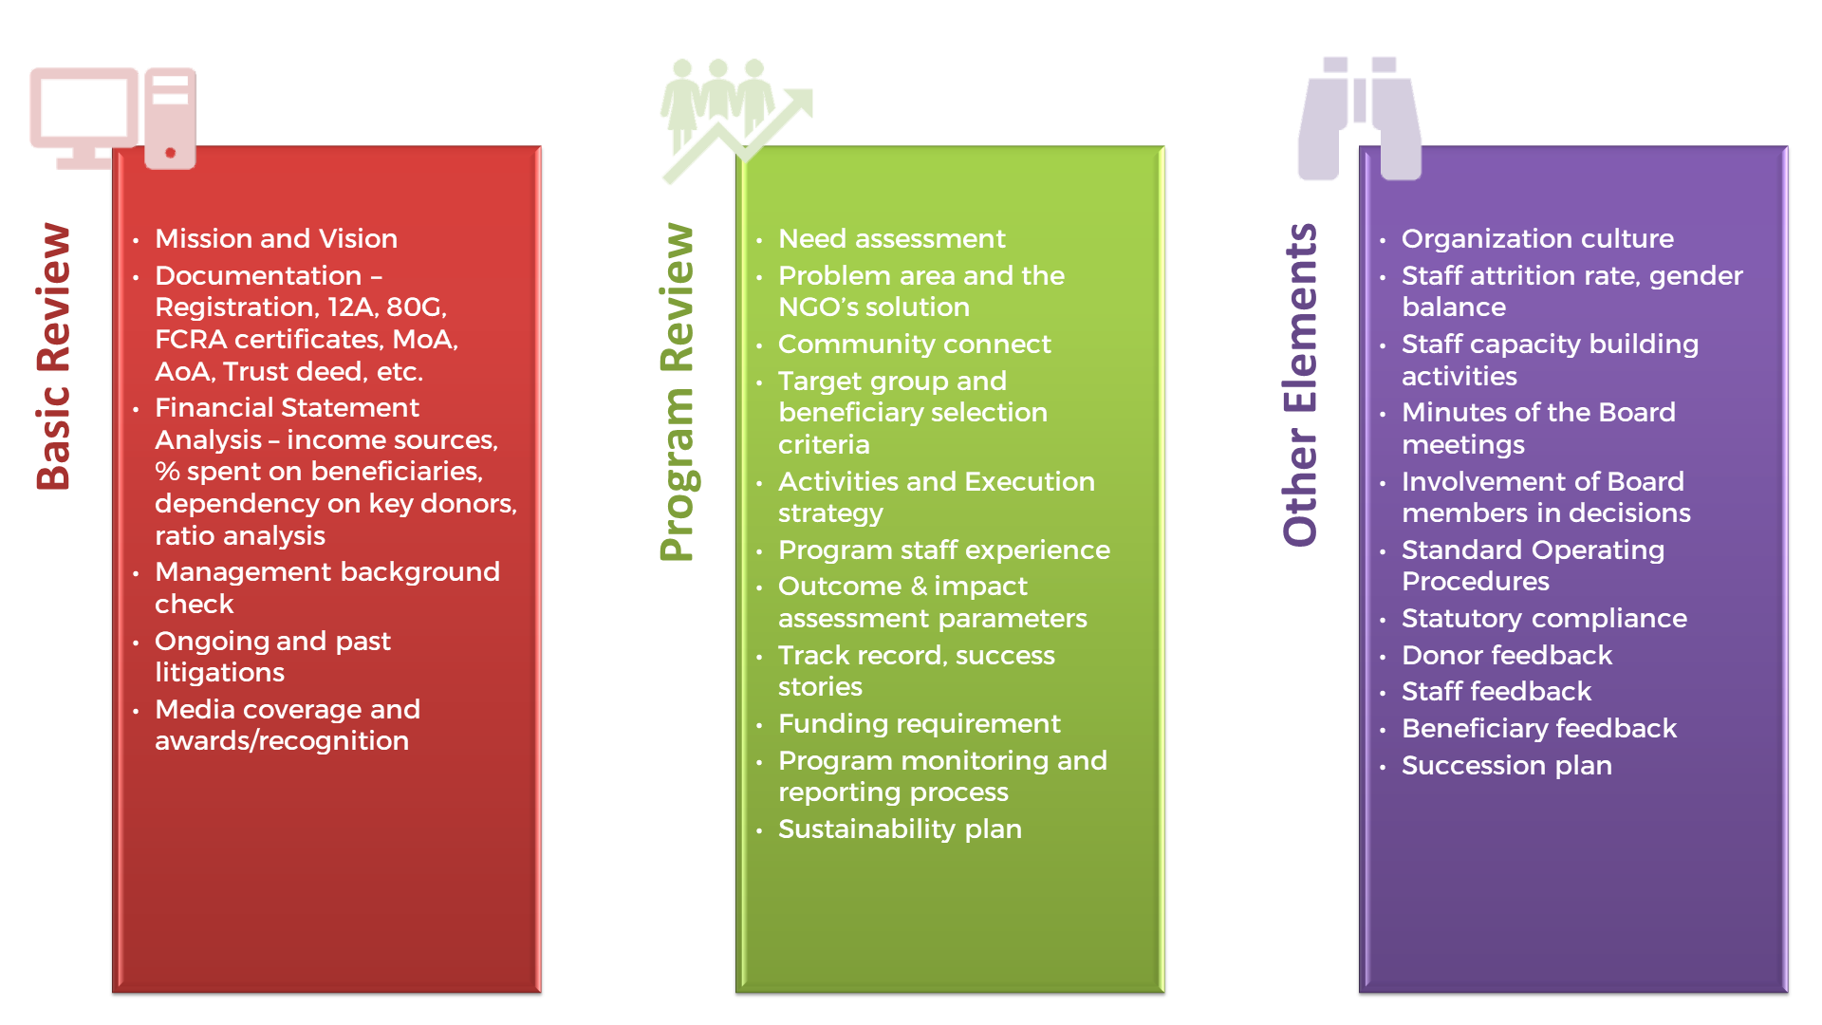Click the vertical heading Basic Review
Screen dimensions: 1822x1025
(54, 356)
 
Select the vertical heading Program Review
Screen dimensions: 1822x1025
(678, 392)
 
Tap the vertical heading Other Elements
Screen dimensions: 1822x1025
(1301, 384)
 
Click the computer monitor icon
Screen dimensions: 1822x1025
(113, 119)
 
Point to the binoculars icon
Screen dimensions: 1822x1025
(1359, 118)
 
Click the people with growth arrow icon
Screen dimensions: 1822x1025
(736, 120)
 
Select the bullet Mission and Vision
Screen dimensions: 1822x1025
(276, 238)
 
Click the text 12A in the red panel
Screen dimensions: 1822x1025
(349, 307)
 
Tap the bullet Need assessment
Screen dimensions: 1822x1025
(892, 238)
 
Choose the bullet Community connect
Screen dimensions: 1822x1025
(915, 344)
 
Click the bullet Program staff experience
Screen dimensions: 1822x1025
(944, 550)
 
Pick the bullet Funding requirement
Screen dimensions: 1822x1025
(920, 724)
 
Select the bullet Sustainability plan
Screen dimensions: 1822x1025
(900, 829)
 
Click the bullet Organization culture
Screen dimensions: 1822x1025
(1537, 238)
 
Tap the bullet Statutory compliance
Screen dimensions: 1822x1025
(1544, 619)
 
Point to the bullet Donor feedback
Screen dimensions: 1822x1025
(1507, 655)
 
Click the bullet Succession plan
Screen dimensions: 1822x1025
(1507, 766)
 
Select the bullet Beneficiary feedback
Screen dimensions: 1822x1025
(1539, 729)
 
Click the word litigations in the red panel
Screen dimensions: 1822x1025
(219, 673)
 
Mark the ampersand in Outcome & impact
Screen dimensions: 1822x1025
(919, 587)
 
